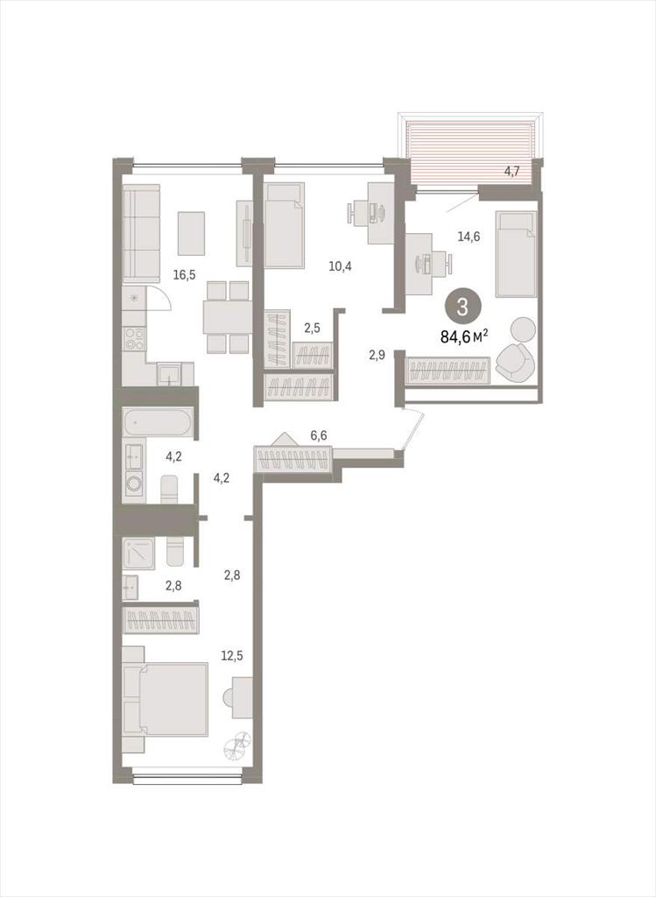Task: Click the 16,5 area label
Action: [184, 274]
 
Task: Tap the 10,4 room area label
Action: [340, 265]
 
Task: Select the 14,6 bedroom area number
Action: [469, 237]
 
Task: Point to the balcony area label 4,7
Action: [511, 171]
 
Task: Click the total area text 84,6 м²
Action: [464, 336]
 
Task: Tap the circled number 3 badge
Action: [462, 307]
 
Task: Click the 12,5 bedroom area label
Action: [232, 655]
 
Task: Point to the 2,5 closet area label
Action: [312, 328]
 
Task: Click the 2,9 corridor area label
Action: [377, 355]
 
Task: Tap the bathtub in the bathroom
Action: [156, 423]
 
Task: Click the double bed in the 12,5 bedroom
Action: [166, 700]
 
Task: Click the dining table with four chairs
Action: [228, 317]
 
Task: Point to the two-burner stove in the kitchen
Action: [134, 338]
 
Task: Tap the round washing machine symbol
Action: [134, 484]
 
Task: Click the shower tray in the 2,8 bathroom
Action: [138, 554]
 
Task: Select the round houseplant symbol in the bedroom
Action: [236, 746]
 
